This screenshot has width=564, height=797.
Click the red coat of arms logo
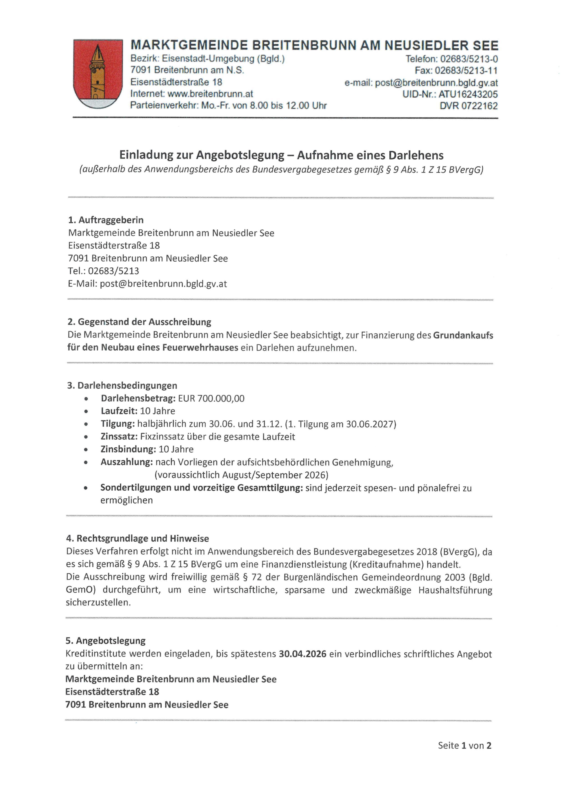click(98, 74)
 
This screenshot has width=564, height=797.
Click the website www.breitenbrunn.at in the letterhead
click(210, 94)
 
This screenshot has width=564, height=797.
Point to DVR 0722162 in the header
click(469, 106)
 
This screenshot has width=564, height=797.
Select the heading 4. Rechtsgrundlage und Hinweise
click(138, 538)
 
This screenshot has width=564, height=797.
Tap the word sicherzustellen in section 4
click(98, 602)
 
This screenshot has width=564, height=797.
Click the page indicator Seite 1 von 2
click(464, 746)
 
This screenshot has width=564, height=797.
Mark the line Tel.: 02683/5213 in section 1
click(103, 271)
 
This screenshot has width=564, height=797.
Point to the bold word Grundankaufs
click(463, 335)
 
